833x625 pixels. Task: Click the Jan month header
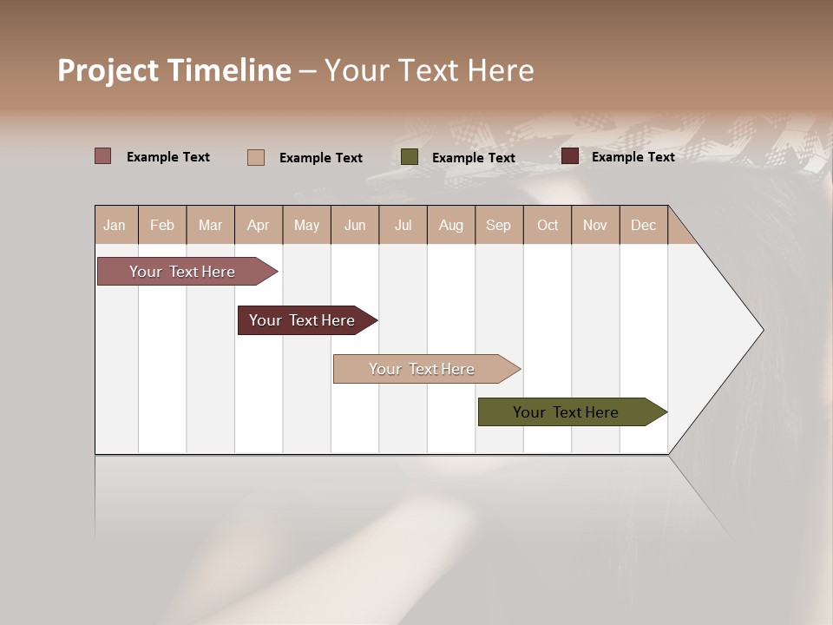[115, 225]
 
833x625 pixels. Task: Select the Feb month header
[162, 225]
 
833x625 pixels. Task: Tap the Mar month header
[210, 225]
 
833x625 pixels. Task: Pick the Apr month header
[259, 225]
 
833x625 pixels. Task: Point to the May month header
[306, 225]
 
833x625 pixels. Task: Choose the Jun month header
[355, 225]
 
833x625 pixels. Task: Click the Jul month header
[403, 225]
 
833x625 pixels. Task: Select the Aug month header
[451, 225]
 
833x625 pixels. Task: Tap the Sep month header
[499, 225]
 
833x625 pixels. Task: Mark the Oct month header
[548, 225]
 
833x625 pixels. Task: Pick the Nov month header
[595, 225]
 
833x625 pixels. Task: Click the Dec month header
[644, 225]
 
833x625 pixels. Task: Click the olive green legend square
[410, 157]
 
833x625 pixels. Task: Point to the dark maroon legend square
[570, 156]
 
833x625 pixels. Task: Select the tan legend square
[256, 157]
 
